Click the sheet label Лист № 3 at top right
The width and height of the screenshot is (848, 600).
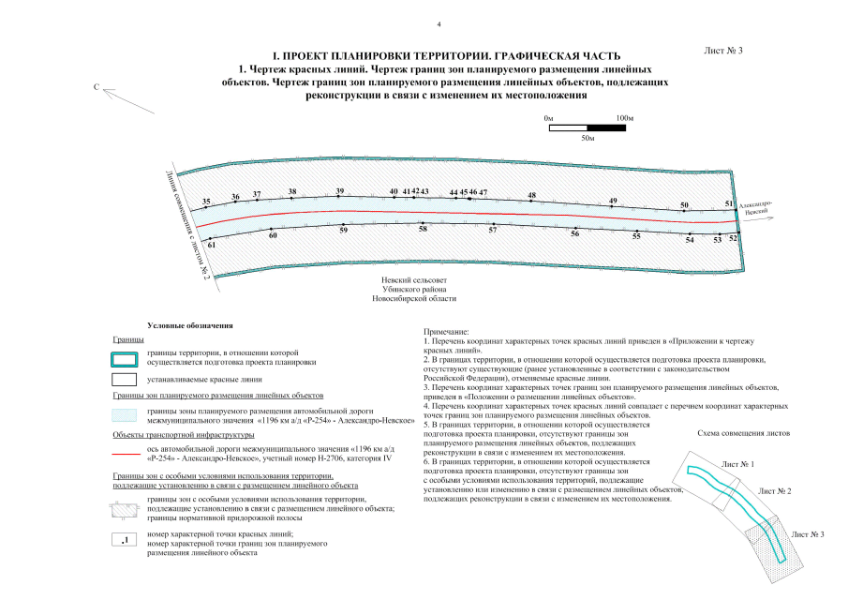(722, 50)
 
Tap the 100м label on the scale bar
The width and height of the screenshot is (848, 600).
(625, 117)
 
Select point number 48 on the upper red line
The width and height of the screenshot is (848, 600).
(531, 196)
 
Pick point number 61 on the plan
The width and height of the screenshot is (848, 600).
(212, 245)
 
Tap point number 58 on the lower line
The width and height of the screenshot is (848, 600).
(423, 229)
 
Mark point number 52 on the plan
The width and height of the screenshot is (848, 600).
(733, 238)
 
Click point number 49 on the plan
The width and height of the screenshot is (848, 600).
(613, 202)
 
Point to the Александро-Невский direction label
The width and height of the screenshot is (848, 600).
(754, 208)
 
